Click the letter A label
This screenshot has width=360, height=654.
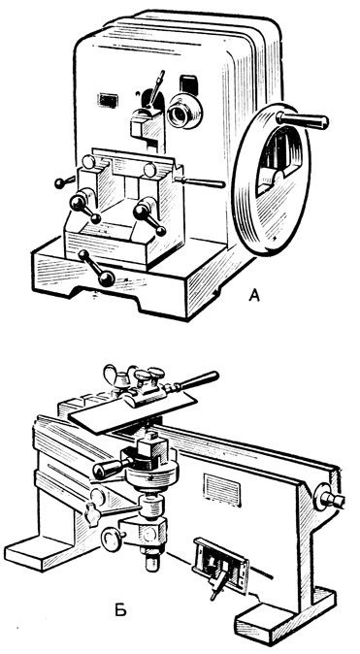(x=254, y=295)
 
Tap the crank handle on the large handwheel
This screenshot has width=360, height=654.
(x=303, y=119)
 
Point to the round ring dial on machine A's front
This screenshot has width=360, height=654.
(x=184, y=110)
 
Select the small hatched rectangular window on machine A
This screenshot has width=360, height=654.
(x=108, y=101)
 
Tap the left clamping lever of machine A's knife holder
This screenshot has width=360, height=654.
(x=85, y=208)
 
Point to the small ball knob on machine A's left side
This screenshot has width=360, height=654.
(x=63, y=182)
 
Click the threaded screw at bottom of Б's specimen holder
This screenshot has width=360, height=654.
(x=152, y=558)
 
